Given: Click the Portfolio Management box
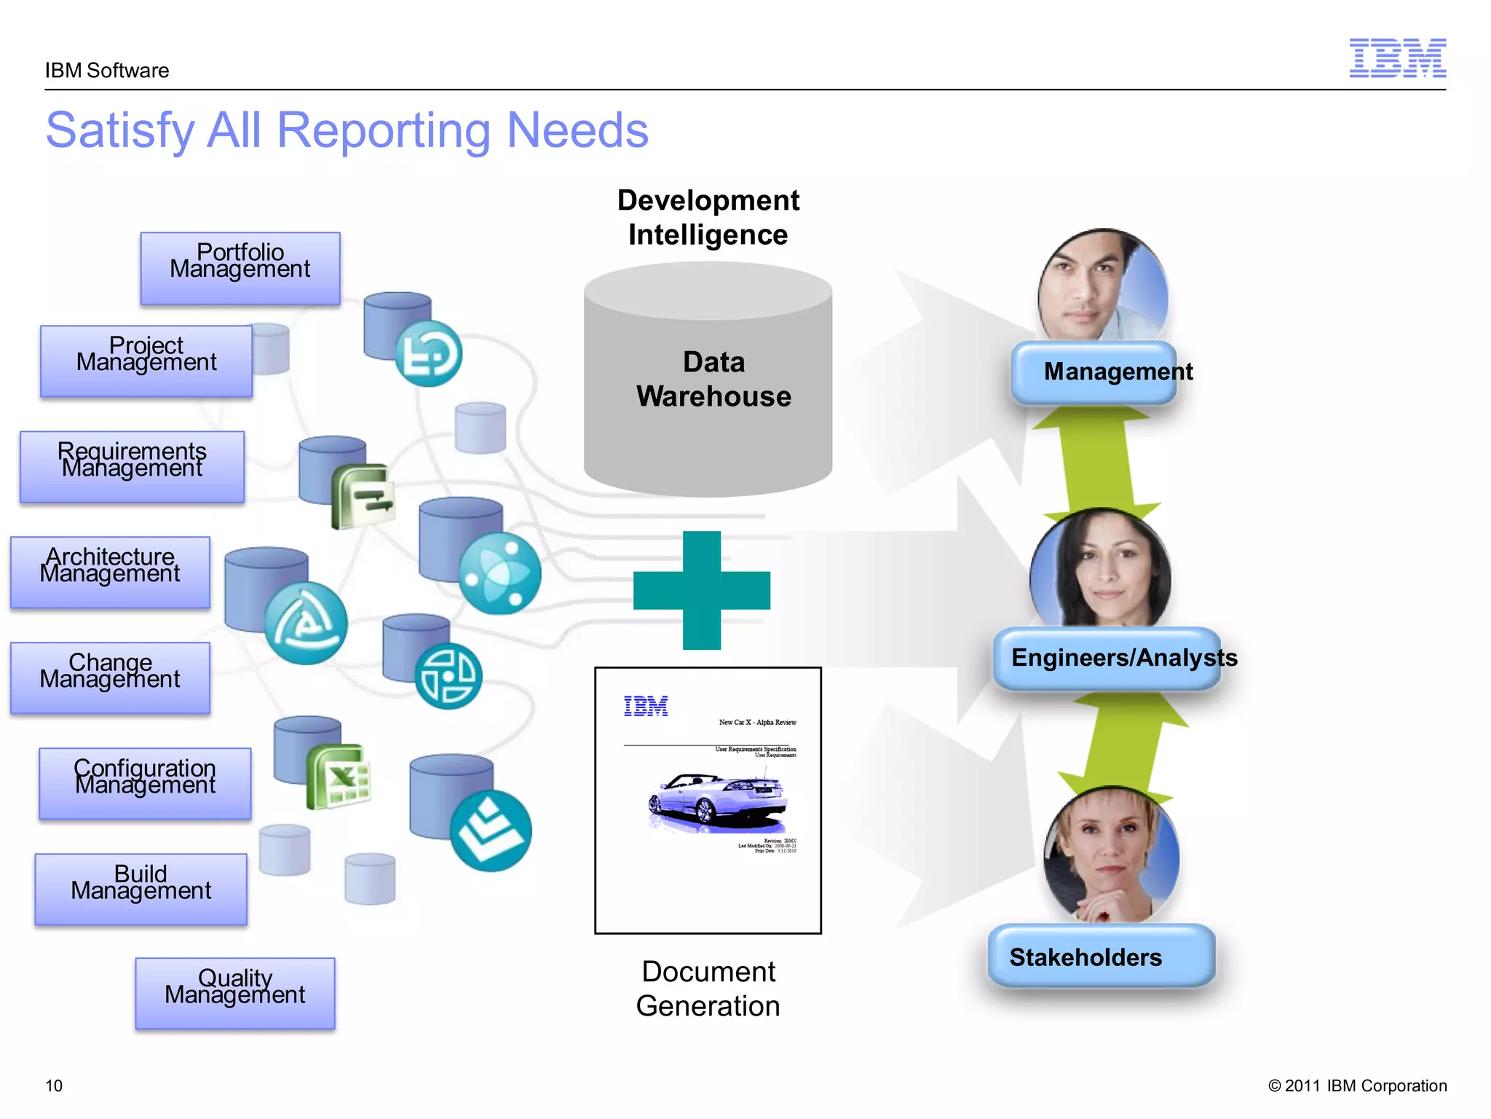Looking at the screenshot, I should pos(240,268).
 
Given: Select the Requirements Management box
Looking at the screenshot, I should pos(132,467).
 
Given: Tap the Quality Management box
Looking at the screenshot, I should pos(235,993).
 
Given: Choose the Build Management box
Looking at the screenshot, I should pos(141,889).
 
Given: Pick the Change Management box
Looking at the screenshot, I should pos(110,678).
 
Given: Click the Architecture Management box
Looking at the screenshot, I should pos(110,572).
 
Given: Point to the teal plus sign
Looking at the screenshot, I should pos(702,590).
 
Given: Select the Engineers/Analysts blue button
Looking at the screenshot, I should pos(1107,658).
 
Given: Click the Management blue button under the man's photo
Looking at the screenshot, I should pos(1094,372).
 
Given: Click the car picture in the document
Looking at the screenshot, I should pos(717,801).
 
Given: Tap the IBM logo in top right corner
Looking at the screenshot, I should pos(1397,58).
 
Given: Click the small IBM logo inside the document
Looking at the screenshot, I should pos(646,706).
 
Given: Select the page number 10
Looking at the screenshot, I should pos(54,1085).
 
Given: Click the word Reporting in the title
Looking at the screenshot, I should pos(384,130).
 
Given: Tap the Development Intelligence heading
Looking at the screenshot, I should pos(708,217).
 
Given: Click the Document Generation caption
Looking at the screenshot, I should pos(708,989).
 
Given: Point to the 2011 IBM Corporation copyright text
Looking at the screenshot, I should pos(1357,1085).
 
